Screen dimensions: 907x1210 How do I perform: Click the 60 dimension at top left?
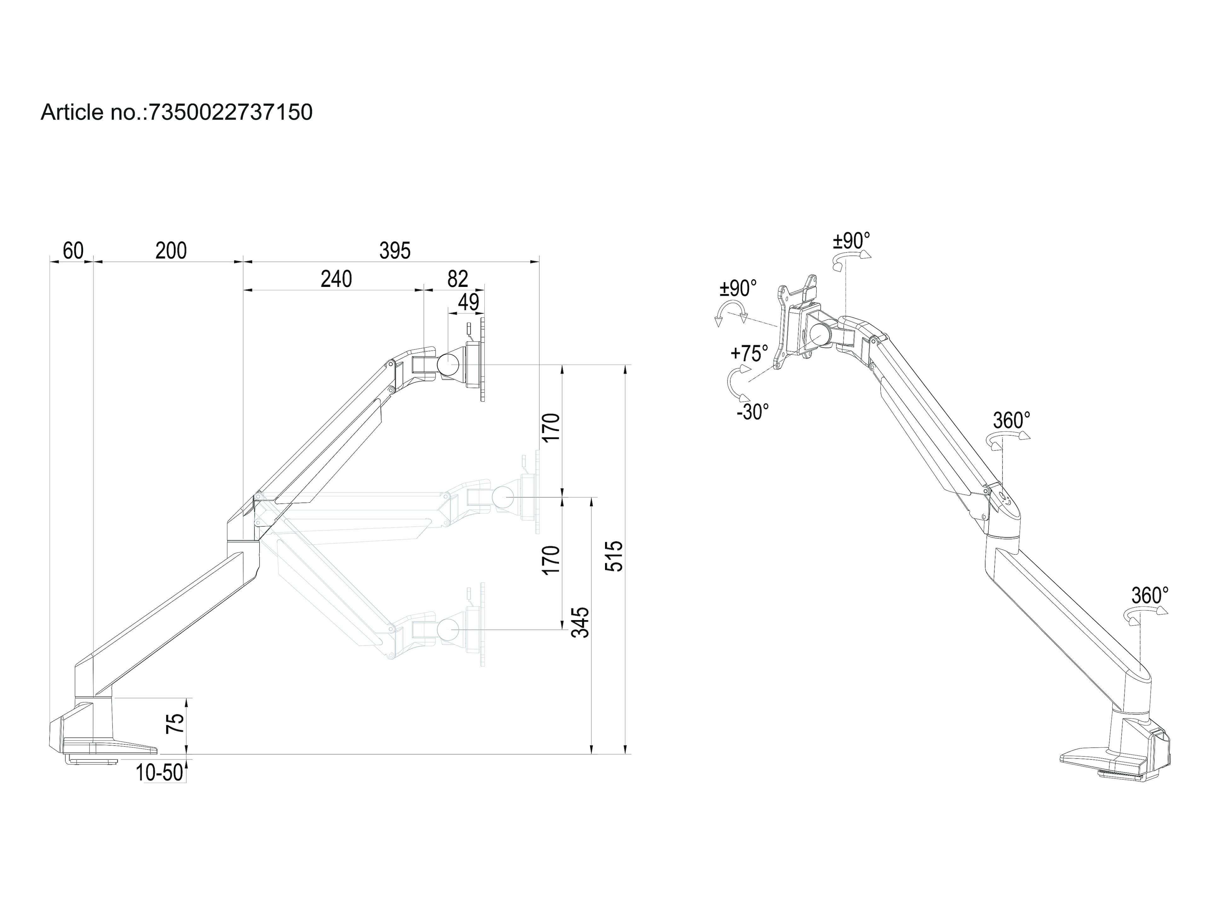click(x=73, y=251)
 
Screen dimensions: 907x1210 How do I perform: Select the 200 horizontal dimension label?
click(x=171, y=251)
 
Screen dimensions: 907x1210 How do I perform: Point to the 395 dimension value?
click(x=395, y=251)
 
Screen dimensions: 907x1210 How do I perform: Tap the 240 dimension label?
click(x=336, y=279)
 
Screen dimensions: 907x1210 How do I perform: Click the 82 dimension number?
click(x=457, y=279)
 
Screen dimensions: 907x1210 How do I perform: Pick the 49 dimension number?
click(x=468, y=302)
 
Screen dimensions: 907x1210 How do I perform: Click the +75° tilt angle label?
click(x=749, y=353)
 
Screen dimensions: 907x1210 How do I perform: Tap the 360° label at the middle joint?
click(x=1011, y=420)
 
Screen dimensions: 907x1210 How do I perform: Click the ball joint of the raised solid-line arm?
click(x=450, y=363)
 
